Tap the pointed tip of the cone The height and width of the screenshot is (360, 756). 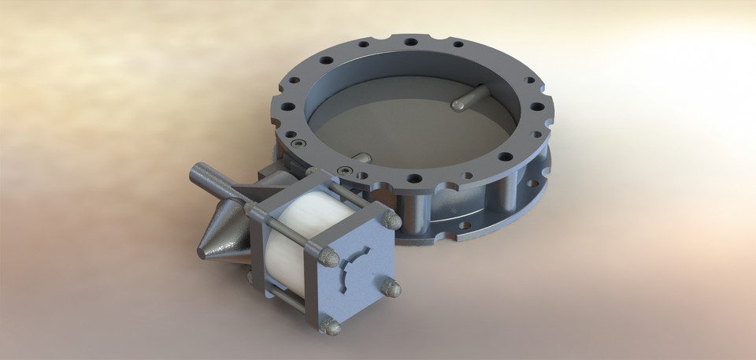click(200, 253)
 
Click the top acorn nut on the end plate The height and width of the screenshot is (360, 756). click(390, 220)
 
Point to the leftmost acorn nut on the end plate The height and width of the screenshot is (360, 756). click(332, 257)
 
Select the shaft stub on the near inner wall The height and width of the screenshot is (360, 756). click(359, 158)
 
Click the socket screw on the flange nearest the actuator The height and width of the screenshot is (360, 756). click(346, 169)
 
